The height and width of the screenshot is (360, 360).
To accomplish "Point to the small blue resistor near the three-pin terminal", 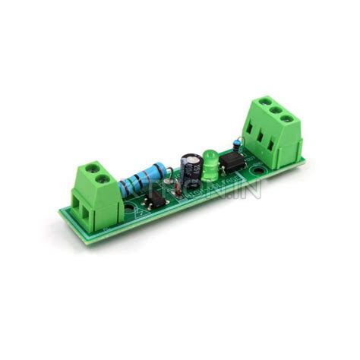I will [237, 140].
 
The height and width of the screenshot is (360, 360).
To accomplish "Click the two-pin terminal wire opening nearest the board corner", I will [82, 209].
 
